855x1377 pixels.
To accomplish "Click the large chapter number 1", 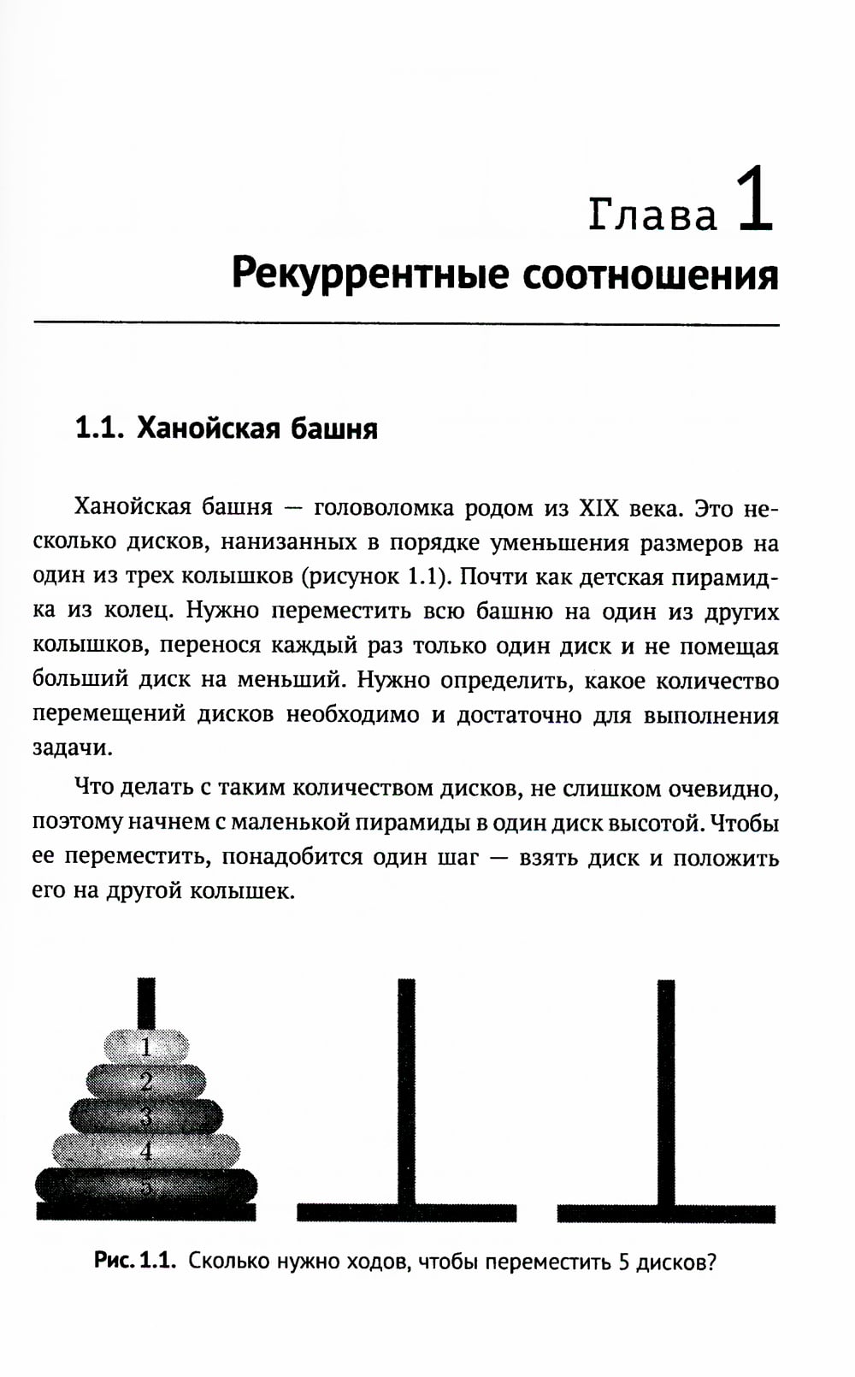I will [x=756, y=202].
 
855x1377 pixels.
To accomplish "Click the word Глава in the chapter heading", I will [x=653, y=215].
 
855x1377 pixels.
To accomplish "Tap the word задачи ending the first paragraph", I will [x=72, y=748].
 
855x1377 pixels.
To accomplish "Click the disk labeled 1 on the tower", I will [x=146, y=1046].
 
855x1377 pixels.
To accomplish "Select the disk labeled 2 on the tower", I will [x=146, y=1081].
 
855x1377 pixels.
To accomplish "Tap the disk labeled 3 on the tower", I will [x=146, y=1115].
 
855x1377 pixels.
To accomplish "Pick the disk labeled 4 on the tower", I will [x=146, y=1150].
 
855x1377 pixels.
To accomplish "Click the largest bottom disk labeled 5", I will [x=146, y=1185].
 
